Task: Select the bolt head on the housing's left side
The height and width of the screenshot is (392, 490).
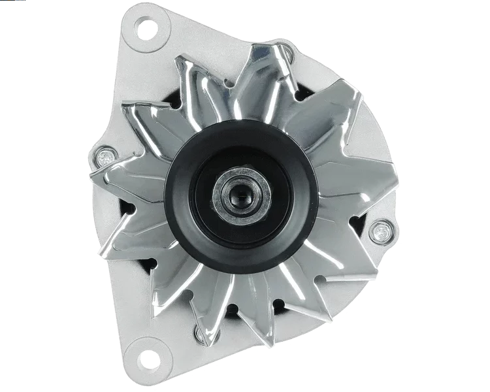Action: click(x=104, y=157)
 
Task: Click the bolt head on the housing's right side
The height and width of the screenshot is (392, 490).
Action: click(x=378, y=230)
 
